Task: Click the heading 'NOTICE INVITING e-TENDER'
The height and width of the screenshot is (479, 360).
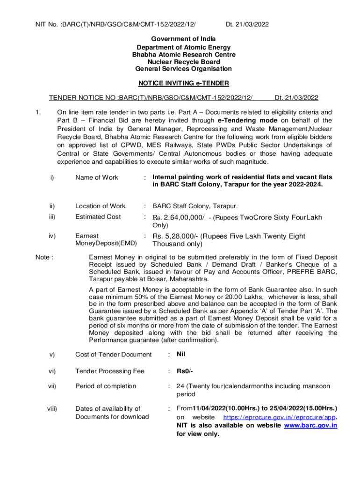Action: click(x=183, y=83)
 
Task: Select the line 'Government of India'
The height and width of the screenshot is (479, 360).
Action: click(x=183, y=40)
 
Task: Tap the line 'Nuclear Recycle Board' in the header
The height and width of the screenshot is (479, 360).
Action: click(x=183, y=62)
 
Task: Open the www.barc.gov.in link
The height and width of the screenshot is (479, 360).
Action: click(x=310, y=426)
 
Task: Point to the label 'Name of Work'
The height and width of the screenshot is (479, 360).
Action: click(x=97, y=177)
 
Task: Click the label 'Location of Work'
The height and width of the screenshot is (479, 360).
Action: click(x=101, y=206)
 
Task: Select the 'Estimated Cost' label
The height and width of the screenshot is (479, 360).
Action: click(x=98, y=217)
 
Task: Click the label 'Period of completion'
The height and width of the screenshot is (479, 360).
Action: click(x=106, y=386)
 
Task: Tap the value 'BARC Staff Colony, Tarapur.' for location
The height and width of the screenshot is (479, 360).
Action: click(x=195, y=206)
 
